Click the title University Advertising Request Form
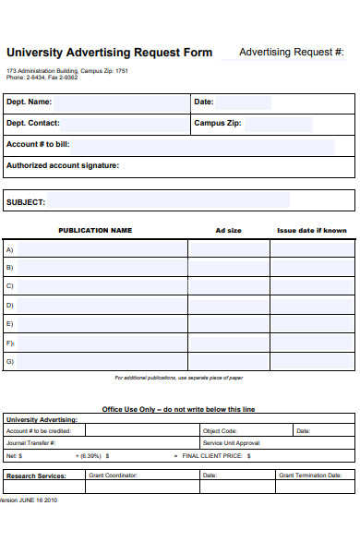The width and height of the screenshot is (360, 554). pyautogui.click(x=109, y=53)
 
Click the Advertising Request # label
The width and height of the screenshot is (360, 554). pyautogui.click(x=291, y=52)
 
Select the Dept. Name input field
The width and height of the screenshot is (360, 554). pyautogui.click(x=120, y=102)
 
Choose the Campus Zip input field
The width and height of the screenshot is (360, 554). pyautogui.click(x=277, y=123)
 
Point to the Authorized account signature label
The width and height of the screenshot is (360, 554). pyautogui.click(x=63, y=166)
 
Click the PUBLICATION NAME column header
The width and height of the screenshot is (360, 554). pyautogui.click(x=95, y=231)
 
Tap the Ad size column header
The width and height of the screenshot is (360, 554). pyautogui.click(x=228, y=231)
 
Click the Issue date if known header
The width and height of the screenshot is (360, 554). pyautogui.click(x=312, y=231)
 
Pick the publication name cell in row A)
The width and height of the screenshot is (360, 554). pyautogui.click(x=102, y=249)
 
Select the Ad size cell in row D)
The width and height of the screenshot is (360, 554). pyautogui.click(x=228, y=305)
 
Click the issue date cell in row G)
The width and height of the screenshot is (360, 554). pyautogui.click(x=312, y=361)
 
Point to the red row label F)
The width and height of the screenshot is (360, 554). pyautogui.click(x=10, y=343)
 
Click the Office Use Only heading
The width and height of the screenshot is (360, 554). pyautogui.click(x=178, y=409)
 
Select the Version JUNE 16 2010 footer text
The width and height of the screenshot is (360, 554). pyautogui.click(x=29, y=500)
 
